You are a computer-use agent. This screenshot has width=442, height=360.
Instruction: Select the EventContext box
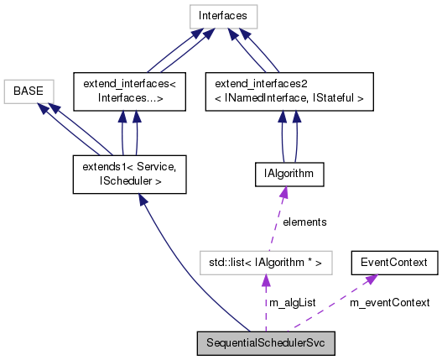coord(394,263)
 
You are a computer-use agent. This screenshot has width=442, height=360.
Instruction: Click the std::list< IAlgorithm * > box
coord(267,263)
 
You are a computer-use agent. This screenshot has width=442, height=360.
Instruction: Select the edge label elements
coord(304,222)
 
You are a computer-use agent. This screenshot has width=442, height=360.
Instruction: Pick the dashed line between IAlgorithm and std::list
coord(276,227)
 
